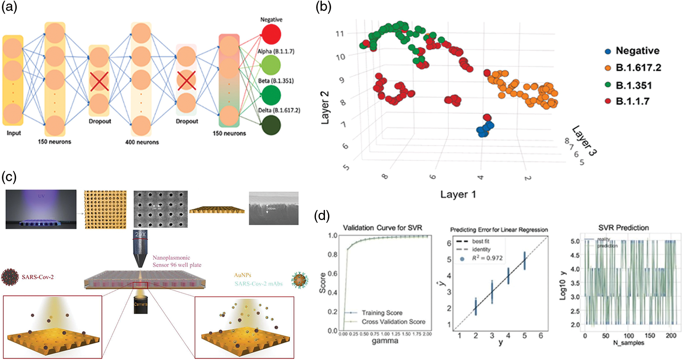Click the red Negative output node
271,34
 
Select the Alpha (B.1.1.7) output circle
271,65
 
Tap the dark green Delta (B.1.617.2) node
271,125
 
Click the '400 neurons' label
142,142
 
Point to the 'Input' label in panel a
14,133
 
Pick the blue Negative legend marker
608,51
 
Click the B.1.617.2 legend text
639,68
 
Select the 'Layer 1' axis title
458,194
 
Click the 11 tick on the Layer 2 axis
340,34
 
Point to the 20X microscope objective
140,248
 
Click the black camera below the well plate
141,304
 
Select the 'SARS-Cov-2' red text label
38,277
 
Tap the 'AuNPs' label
242,275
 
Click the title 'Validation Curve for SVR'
382,228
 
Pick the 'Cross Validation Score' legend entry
393,322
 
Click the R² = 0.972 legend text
487,258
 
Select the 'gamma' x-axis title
385,341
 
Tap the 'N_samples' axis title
628,343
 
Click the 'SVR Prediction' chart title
623,228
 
